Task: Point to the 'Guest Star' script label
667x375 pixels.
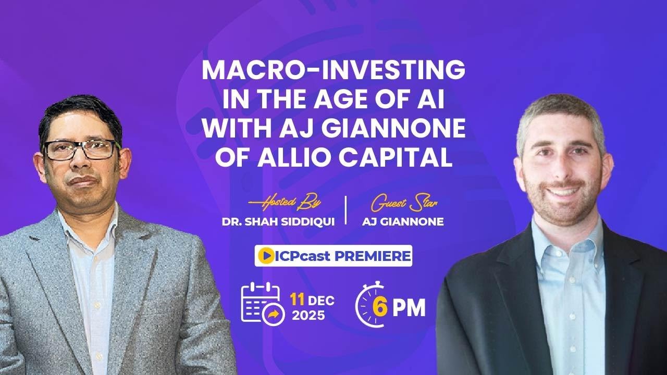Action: (388, 202)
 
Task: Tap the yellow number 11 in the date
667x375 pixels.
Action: (298, 301)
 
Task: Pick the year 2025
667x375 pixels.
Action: (308, 316)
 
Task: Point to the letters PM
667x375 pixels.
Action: (409, 308)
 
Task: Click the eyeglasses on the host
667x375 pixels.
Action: (81, 149)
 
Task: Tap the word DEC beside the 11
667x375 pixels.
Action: (322, 301)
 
